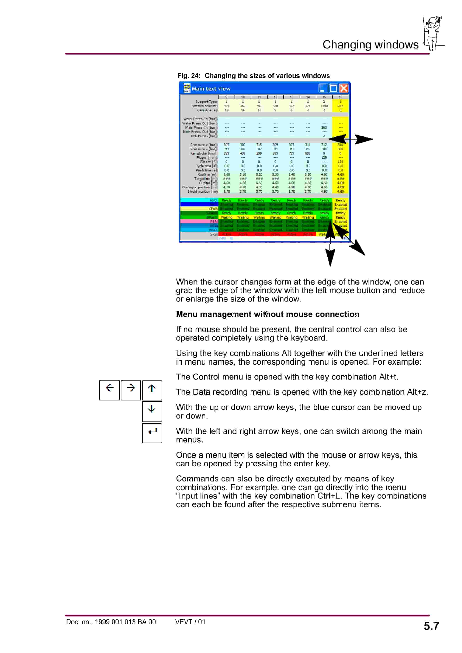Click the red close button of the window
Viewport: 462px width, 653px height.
(x=344, y=88)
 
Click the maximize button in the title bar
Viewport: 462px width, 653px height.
(x=333, y=88)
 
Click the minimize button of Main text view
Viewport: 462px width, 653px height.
(x=323, y=88)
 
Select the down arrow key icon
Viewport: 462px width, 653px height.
(x=152, y=411)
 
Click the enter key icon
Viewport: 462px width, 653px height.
(x=152, y=433)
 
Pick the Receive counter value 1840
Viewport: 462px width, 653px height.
(x=324, y=106)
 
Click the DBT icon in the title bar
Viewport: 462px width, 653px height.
(x=187, y=88)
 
